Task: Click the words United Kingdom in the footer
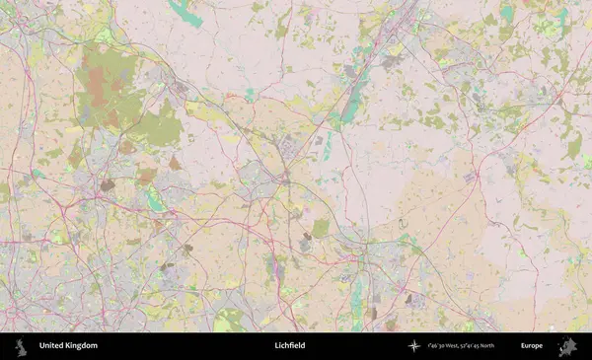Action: click(68, 346)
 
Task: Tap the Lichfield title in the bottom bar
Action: click(290, 346)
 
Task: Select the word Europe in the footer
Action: click(532, 346)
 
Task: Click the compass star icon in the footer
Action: click(414, 346)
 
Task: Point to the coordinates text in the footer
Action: click(462, 346)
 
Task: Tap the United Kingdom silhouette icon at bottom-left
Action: click(22, 346)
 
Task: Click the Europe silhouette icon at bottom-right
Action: click(567, 346)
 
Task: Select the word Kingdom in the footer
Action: click(82, 346)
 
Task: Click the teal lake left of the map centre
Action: click(155, 201)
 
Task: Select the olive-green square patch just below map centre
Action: click(321, 228)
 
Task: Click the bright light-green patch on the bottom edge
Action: click(229, 321)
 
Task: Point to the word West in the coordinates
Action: click(449, 346)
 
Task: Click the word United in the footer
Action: click(52, 346)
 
